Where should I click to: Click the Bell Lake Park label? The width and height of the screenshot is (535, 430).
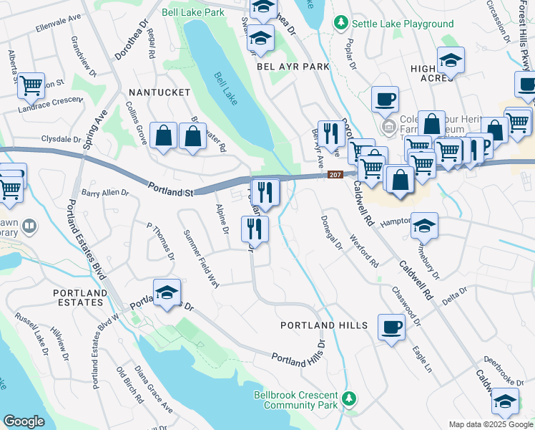192,12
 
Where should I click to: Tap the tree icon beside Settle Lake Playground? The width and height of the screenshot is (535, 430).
342,24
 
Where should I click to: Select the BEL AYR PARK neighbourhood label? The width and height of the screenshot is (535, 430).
293,66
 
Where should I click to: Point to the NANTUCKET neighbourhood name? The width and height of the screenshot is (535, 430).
159,92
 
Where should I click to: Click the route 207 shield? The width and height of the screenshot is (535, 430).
334,174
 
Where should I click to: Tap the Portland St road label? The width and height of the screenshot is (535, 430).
172,189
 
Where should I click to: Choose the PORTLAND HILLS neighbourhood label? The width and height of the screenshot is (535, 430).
323,325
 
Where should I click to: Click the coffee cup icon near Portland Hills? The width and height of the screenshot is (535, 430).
391,328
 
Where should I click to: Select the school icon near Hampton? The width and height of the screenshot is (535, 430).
424,226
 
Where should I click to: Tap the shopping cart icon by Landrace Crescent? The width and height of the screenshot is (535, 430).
31,86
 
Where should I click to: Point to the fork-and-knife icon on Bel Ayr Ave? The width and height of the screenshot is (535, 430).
330,133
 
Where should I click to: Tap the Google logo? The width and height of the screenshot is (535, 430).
24,421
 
